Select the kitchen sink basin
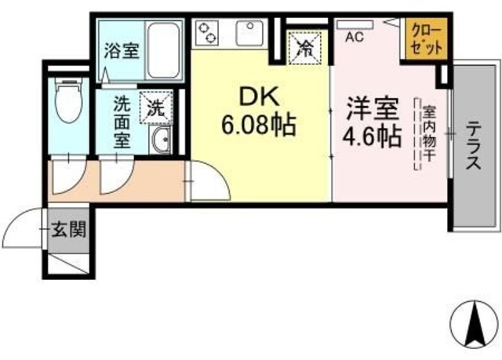tap(253, 33)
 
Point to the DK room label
tap(258, 97)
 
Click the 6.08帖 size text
tap(258, 124)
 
